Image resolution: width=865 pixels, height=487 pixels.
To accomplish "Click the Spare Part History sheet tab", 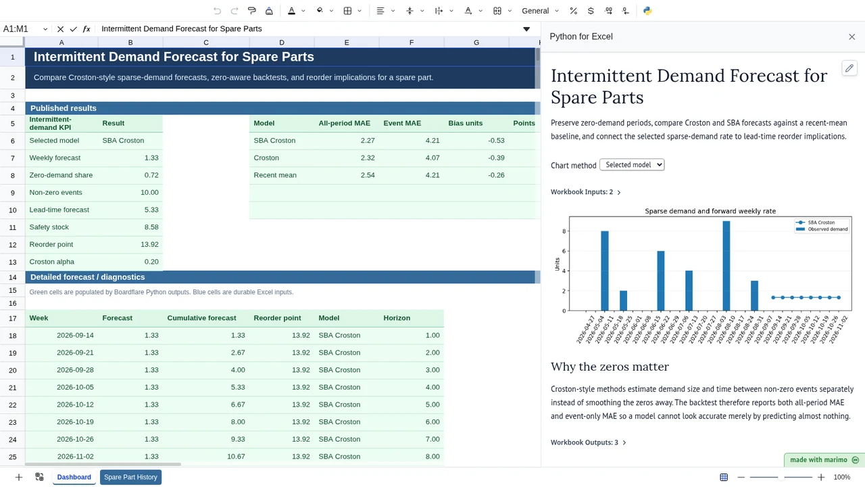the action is [x=130, y=477].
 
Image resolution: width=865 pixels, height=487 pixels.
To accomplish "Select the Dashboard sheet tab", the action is [x=74, y=477].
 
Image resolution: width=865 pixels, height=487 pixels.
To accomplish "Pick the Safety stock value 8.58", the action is [x=151, y=227].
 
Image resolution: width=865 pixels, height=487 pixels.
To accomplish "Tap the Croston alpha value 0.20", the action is [x=151, y=262].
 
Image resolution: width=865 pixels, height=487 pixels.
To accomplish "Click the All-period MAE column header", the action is [x=344, y=123].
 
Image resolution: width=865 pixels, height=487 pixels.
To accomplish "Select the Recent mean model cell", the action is [x=275, y=175].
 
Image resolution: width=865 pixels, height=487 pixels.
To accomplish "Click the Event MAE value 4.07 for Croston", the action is [x=432, y=158].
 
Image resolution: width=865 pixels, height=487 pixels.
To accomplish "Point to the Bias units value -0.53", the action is [x=496, y=140].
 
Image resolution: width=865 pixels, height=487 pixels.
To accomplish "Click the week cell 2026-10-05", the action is [x=75, y=388].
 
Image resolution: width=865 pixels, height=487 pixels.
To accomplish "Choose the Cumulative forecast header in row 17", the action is [x=201, y=318].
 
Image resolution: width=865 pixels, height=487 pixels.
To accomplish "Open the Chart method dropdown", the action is [x=632, y=164].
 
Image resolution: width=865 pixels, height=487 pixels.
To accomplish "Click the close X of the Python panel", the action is [x=852, y=37].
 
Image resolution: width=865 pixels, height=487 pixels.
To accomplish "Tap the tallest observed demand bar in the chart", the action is [x=726, y=266].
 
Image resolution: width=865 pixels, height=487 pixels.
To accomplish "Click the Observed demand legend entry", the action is [x=822, y=229].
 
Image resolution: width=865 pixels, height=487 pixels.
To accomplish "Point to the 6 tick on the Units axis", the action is [x=564, y=251].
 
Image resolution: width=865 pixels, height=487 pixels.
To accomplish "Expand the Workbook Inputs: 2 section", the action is [x=585, y=192].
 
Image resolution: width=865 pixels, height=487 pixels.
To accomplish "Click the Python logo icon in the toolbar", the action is [x=647, y=11].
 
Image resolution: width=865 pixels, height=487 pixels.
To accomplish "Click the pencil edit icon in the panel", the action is [x=849, y=68].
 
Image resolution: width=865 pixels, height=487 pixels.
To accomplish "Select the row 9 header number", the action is [x=12, y=193].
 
